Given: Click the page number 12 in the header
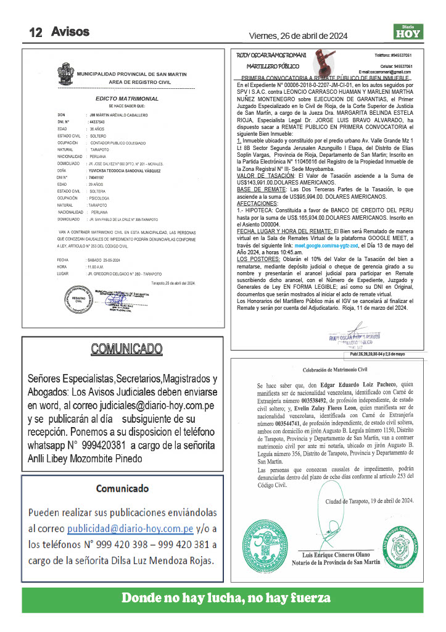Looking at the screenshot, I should point(35,32).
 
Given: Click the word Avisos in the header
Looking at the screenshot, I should point(70,31).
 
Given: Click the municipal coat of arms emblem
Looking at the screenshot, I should point(65,77).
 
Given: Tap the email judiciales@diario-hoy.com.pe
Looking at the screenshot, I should point(159,406).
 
